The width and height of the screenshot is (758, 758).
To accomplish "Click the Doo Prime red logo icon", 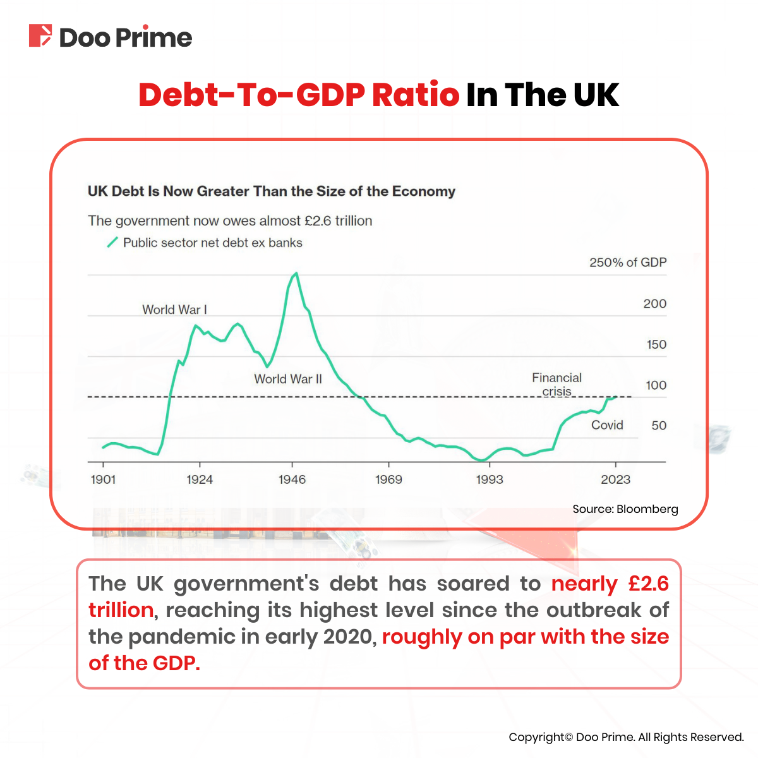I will tap(40, 35).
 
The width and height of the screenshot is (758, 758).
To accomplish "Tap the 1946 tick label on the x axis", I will tap(292, 479).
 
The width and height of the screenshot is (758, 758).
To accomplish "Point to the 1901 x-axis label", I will tap(103, 479).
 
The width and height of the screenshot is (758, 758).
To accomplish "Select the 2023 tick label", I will tap(615, 479).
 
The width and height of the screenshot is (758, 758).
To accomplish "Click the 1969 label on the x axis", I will tap(388, 479).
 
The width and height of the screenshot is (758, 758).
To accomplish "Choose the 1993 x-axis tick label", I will tap(489, 479).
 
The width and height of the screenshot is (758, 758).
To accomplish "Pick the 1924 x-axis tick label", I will tap(200, 479).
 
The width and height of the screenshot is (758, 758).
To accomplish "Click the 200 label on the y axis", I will tap(654, 304).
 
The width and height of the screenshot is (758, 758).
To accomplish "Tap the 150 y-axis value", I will tap(656, 344).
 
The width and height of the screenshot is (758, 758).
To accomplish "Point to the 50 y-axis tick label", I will tap(659, 426).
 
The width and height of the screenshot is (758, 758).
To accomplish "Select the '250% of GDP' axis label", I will tap(628, 263).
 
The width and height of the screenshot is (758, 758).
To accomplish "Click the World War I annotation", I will tap(174, 310).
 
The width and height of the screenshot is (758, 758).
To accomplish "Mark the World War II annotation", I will tap(288, 379).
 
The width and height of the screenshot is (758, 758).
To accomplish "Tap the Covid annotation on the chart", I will tap(607, 425).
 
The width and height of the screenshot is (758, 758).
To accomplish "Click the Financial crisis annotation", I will tap(556, 384).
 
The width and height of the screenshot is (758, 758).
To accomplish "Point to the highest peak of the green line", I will tap(296, 274).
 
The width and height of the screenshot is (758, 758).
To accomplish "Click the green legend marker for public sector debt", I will tap(112, 243).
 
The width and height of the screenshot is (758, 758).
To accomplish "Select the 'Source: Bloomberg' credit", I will tap(625, 509).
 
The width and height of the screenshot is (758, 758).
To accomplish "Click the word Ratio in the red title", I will tap(415, 95).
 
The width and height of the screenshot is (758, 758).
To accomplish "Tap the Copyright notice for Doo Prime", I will tap(626, 737).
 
